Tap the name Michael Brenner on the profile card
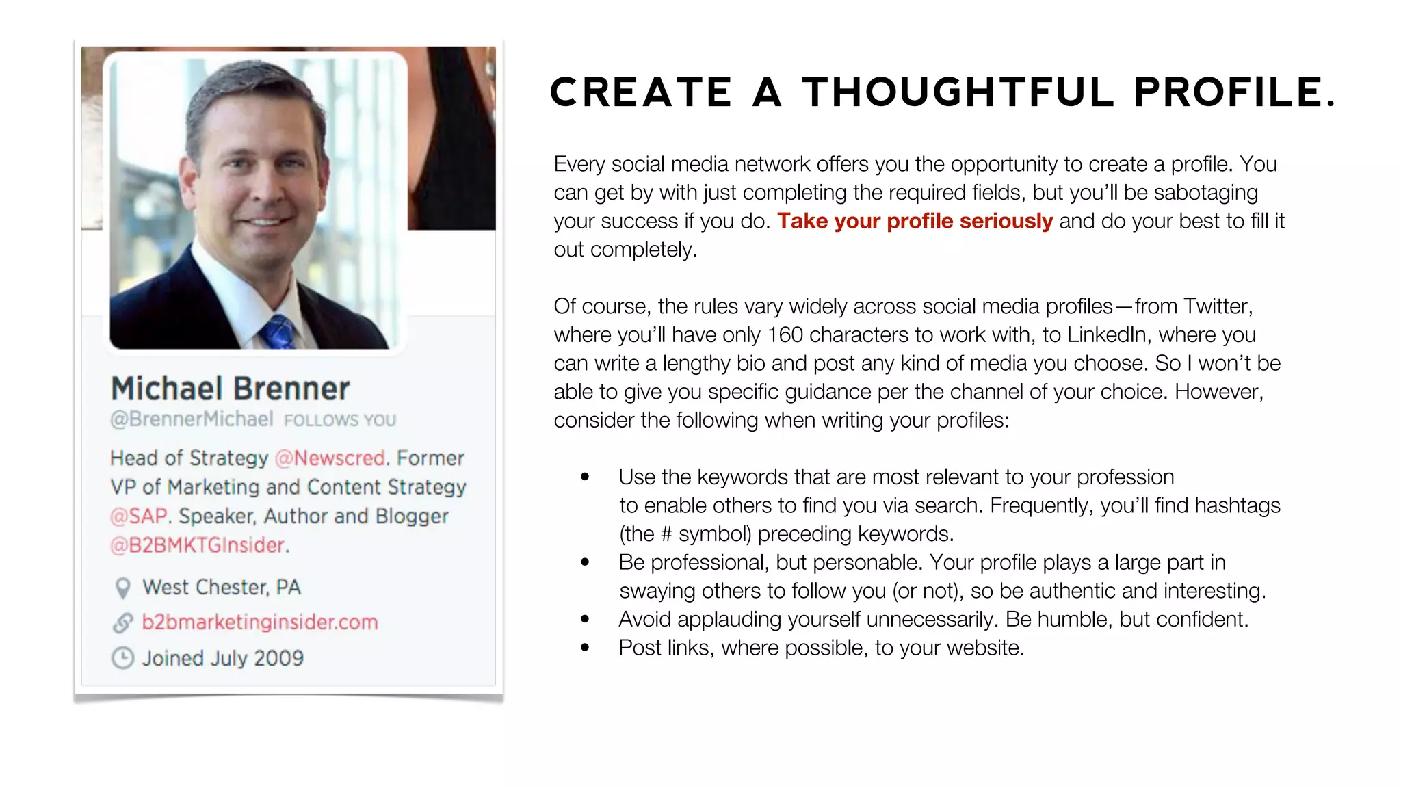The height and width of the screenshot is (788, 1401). pos(231,389)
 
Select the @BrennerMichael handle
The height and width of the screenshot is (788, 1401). pos(192,419)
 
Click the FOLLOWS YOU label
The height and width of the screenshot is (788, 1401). pos(340,420)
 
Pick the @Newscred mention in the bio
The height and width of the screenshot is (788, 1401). pos(330,458)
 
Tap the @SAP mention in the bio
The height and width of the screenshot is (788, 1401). pos(140,516)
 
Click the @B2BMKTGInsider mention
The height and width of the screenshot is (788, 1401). pos(199,545)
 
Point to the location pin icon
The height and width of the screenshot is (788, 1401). pos(122,588)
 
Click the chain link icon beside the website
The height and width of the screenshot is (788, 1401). pos(122,622)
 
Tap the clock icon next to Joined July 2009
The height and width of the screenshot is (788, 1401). pos(122,658)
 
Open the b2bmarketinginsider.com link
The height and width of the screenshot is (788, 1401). pos(260,622)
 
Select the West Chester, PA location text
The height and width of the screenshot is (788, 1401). pos(222,588)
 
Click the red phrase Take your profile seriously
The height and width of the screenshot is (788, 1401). pos(915,221)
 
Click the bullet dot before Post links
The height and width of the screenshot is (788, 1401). pos(585,647)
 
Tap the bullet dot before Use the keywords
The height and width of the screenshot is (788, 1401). pos(585,477)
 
